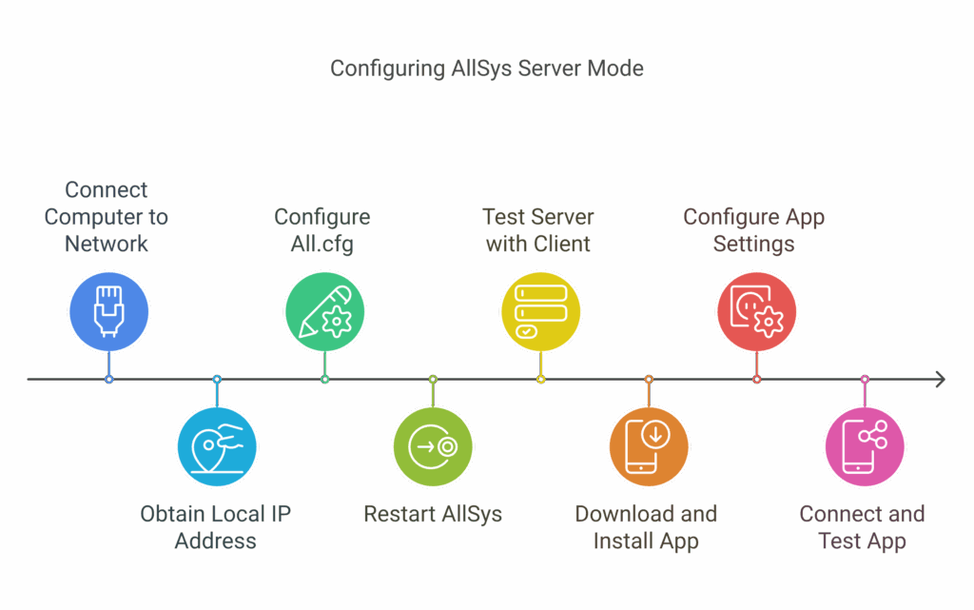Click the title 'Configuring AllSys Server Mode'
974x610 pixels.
coord(486,69)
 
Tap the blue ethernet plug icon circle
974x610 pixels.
coord(108,311)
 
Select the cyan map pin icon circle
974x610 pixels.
coord(217,446)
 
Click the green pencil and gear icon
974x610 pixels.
coord(325,311)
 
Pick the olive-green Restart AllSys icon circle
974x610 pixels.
coord(433,446)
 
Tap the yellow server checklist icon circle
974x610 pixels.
coord(540,311)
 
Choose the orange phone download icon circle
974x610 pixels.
coord(649,446)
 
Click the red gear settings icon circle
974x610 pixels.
coord(756,311)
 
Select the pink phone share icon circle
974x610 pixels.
coord(865,446)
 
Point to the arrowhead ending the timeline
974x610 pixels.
coord(943,379)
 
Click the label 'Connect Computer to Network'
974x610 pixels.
coord(107,217)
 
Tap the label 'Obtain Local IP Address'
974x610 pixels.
coord(216,527)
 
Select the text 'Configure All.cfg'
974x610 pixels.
coord(321,230)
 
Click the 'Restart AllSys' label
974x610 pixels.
coord(433,514)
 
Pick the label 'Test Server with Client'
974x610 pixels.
coord(538,230)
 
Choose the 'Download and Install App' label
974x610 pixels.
coord(646,527)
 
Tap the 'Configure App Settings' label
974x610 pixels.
coord(753,230)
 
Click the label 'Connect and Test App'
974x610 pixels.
coord(862,527)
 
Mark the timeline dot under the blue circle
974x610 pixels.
coord(108,379)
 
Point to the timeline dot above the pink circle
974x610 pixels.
coord(865,379)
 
